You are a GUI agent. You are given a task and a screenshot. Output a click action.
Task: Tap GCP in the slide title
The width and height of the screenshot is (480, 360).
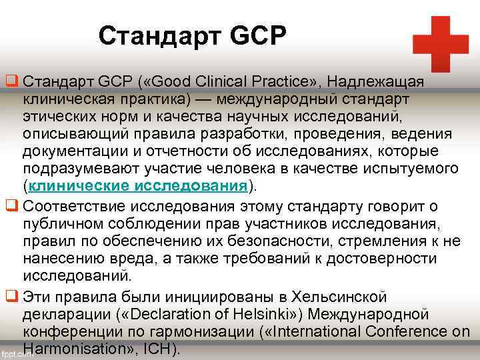pyautogui.click(x=257, y=35)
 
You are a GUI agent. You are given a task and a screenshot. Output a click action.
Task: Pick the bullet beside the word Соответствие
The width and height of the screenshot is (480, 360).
pyautogui.click(x=11, y=203)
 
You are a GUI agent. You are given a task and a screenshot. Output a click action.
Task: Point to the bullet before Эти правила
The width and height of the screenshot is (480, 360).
pyautogui.click(x=11, y=297)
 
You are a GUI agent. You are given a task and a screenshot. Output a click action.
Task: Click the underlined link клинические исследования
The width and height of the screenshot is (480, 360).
pyautogui.click(x=139, y=185)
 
